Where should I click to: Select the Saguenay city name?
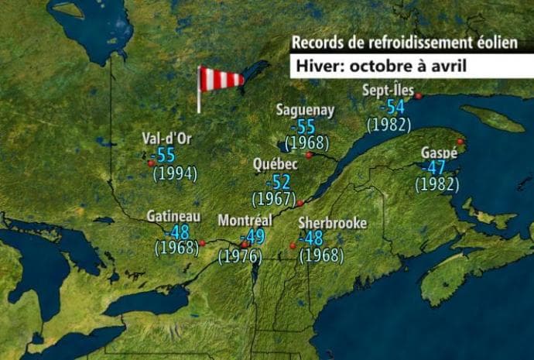pos(305,110)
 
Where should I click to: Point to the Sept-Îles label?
pos(388,91)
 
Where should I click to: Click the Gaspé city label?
pos(439,152)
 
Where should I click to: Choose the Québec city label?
pos(275,165)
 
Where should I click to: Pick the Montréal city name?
pos(245,221)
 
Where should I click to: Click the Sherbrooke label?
pos(332,223)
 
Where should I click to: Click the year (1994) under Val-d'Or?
pos(175,173)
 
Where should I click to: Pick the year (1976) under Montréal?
pos(238,255)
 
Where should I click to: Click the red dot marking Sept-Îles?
pos(418,96)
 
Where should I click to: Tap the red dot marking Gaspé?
pos(460,142)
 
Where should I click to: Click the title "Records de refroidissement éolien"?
pos(404,43)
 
